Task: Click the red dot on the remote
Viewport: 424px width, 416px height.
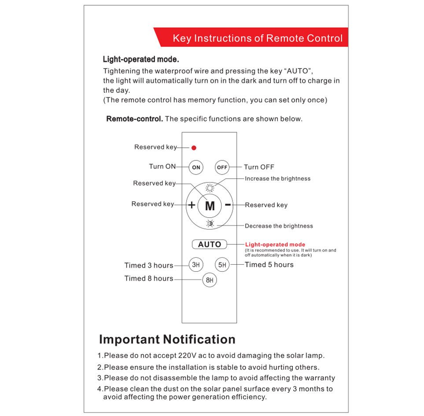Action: (x=194, y=148)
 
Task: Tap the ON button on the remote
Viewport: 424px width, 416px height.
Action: (x=196, y=167)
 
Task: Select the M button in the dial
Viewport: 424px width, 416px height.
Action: (x=210, y=205)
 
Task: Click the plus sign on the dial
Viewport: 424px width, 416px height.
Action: (x=192, y=205)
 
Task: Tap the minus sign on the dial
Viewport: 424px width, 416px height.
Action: (x=228, y=204)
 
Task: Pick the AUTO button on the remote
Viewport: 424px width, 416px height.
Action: (x=210, y=244)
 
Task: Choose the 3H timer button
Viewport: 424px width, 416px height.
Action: (x=196, y=265)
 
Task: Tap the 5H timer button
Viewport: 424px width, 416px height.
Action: (x=222, y=265)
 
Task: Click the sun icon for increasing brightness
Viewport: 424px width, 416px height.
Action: (x=210, y=189)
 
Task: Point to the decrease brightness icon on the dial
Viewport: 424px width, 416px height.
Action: (x=210, y=223)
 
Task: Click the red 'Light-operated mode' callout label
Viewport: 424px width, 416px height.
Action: (x=275, y=244)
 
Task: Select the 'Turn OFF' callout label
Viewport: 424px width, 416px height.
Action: (x=259, y=167)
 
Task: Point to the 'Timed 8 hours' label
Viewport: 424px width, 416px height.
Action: (x=148, y=278)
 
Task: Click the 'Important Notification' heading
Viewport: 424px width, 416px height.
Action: (x=167, y=339)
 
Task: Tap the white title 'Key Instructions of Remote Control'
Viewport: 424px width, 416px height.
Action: (x=257, y=38)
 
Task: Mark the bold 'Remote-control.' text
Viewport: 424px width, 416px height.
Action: (x=135, y=119)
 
